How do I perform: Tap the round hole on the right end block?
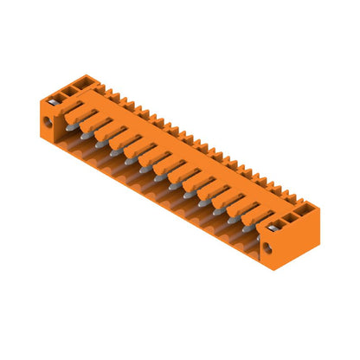(267, 248)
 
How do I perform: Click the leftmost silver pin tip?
(86, 136)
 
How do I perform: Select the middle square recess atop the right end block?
(292, 212)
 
